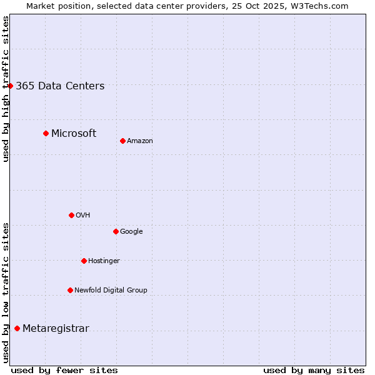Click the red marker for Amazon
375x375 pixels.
coord(122,141)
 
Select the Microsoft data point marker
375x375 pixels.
coord(46,133)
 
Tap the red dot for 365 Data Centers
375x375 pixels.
coord(11,86)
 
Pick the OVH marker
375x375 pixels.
coord(71,215)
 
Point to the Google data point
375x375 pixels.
coord(116,231)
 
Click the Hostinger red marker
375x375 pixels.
coord(84,261)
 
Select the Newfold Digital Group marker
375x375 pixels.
coord(70,290)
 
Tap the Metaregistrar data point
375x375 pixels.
coord(17,328)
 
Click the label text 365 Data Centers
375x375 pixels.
coord(60,86)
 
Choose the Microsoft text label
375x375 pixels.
coord(74,133)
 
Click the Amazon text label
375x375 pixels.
coord(140,141)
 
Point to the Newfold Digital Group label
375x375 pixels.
coord(111,290)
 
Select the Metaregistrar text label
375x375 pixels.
coord(56,329)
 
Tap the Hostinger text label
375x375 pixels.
coord(104,261)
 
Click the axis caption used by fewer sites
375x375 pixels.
coord(64,370)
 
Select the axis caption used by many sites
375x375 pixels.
coord(314,370)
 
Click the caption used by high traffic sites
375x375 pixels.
coord(6,89)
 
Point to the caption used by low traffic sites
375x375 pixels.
coord(6,292)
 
